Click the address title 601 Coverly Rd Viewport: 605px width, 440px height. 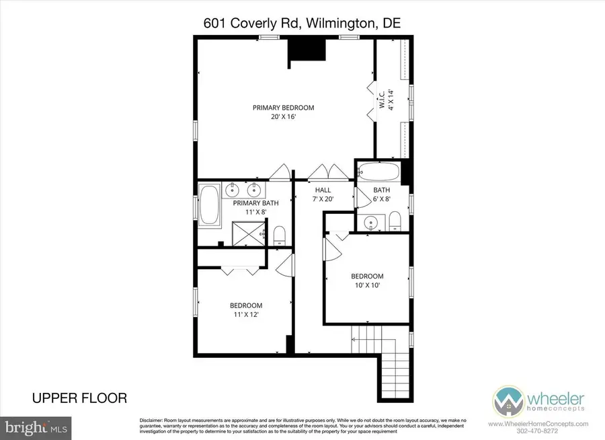click(x=302, y=23)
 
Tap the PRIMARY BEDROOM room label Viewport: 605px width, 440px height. click(x=283, y=108)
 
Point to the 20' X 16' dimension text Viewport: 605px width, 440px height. click(x=283, y=116)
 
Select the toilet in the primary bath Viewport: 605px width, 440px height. click(x=280, y=235)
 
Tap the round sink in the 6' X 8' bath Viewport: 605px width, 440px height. click(x=370, y=223)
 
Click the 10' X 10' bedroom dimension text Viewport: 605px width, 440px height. click(x=367, y=285)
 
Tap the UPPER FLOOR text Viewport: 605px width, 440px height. click(x=79, y=398)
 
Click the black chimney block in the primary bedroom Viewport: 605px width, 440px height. click(x=306, y=50)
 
